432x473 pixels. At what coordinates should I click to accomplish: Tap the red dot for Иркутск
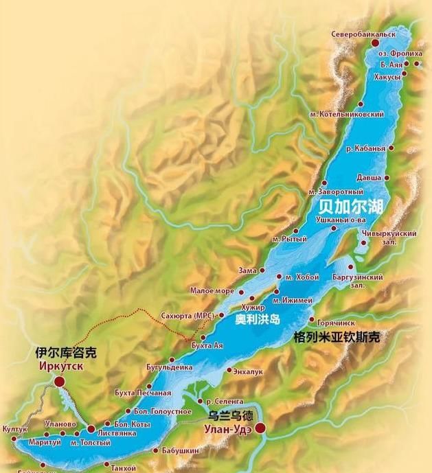pos(60,380)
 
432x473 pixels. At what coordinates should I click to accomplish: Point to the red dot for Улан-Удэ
pos(260,428)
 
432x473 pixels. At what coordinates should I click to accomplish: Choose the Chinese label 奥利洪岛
pos(258,320)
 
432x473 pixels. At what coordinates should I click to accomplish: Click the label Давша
pos(369,178)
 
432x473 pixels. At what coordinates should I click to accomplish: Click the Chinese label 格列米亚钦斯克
pos(336,337)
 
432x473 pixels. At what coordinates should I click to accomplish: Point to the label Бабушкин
pos(181,450)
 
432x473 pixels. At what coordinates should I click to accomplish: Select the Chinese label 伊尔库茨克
pos(66,354)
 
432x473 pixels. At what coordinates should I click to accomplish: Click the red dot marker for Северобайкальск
pos(375,43)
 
